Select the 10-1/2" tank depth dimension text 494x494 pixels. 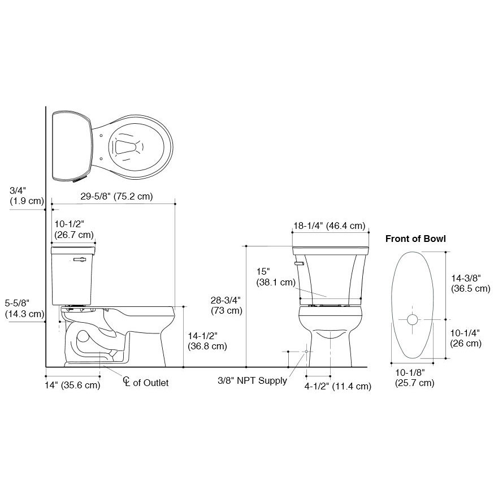tap(73, 229)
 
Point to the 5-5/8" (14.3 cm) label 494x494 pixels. tap(24, 308)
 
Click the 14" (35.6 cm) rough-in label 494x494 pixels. tap(72, 385)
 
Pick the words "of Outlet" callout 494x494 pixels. tap(150, 383)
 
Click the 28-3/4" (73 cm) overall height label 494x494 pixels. tap(226, 305)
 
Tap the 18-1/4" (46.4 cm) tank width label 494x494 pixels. tap(329, 226)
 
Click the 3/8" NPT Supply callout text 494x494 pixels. tap(252, 380)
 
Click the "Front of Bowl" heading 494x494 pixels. tap(415, 239)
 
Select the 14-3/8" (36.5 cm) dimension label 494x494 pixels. tap(470, 283)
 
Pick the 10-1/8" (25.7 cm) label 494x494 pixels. tap(414, 378)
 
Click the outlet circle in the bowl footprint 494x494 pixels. tap(412, 320)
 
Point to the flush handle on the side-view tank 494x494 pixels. tap(80, 260)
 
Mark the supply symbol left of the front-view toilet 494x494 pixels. tap(306, 352)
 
